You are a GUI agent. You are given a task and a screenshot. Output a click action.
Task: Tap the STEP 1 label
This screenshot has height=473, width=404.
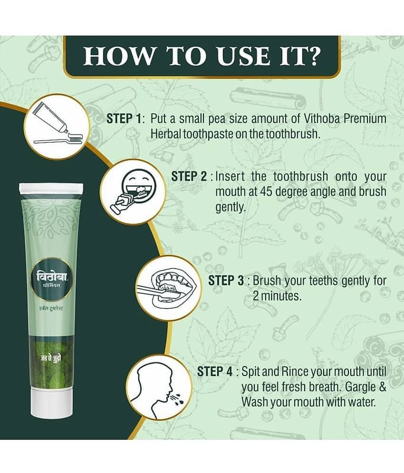(x=124, y=119)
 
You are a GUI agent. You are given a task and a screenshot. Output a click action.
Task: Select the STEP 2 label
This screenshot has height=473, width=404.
(x=189, y=176)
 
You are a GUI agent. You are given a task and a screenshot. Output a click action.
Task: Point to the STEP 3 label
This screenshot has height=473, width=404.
(x=226, y=280)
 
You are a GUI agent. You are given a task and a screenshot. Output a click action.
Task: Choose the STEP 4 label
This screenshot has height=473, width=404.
(x=215, y=372)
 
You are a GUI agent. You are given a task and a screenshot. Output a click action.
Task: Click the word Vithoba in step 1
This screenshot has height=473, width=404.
(x=322, y=119)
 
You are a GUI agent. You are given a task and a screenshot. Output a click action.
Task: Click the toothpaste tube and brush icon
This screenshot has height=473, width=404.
(x=57, y=127)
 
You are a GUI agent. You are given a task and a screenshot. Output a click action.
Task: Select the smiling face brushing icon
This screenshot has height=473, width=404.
(x=133, y=192)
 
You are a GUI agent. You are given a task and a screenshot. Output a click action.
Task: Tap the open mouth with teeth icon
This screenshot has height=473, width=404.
(x=168, y=287)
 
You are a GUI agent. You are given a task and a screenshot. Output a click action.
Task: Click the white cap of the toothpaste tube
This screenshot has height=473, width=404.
(x=52, y=403)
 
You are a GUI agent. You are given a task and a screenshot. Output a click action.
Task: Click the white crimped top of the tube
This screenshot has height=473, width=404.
(x=51, y=189)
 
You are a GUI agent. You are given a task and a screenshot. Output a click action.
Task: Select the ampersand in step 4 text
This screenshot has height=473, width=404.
(x=383, y=387)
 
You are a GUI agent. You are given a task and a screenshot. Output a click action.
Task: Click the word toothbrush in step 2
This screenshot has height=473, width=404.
(x=300, y=176)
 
